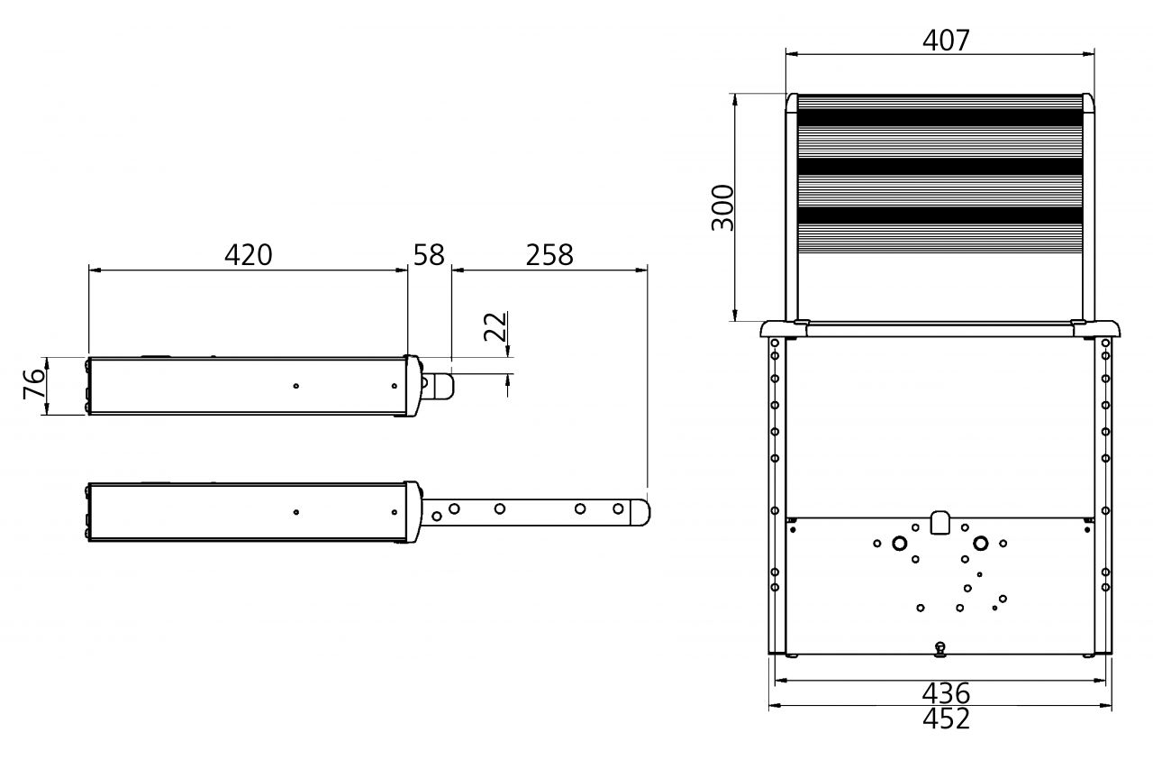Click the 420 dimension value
pos(248,255)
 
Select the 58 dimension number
pos(429,255)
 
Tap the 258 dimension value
pos(549,255)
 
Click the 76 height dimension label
pos(33,385)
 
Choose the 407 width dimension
pos(946,41)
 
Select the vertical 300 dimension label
pos(723,207)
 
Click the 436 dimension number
pos(946,693)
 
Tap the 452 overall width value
pos(946,719)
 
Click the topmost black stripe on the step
pos(940,117)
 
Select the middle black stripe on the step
pos(940,167)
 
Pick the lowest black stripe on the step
pos(940,215)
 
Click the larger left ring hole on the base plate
pos(899,544)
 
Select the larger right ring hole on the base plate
pos(980,544)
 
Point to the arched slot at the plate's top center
pos(940,522)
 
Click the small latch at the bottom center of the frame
pos(940,646)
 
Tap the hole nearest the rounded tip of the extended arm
pos(618,509)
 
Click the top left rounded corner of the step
pos(793,102)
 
